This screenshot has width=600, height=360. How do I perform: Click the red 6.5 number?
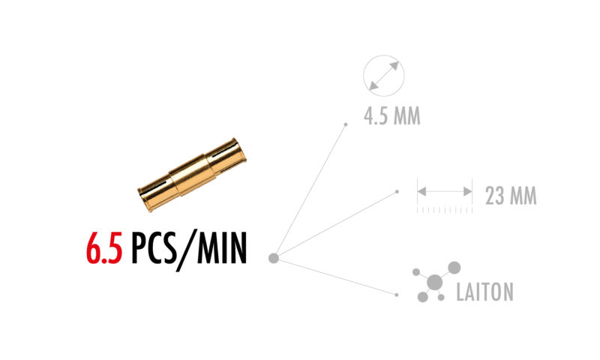pos(104,248)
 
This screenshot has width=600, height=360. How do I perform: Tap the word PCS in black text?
pos(154,248)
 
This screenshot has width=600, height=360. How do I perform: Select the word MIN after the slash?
pos(222,248)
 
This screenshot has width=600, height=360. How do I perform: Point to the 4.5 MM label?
pos(391,116)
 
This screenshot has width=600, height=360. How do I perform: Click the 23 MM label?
pos(511,196)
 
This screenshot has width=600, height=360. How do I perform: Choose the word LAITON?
pos(484,292)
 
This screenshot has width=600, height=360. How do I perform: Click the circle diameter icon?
pos(384,76)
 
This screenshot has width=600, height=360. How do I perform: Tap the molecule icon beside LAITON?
pos(436,282)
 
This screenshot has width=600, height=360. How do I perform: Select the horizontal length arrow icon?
pos(445,191)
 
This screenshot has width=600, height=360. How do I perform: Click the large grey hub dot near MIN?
pos(274,258)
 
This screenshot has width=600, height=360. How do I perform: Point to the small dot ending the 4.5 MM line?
pos(346,124)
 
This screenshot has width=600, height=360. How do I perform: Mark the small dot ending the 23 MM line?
pos(397,192)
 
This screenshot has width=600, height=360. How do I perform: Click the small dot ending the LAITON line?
pos(397,295)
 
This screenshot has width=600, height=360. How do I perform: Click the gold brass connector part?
pos(192,175)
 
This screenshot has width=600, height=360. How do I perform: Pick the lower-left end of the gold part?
pos(147,197)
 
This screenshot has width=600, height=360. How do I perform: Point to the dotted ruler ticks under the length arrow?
pos(445,210)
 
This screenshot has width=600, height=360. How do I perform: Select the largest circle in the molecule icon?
pos(435,282)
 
